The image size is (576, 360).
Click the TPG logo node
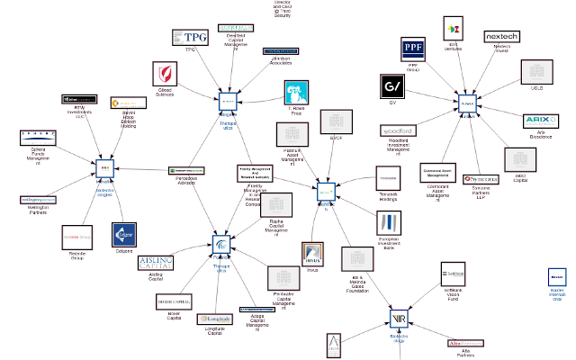point(190,37)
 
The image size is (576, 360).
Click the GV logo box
point(392,86)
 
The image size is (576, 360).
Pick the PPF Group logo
point(413,49)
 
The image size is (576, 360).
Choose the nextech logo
point(502,36)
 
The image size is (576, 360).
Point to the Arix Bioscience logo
point(538,121)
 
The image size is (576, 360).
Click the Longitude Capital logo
point(215,319)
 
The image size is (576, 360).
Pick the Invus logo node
point(313,253)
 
